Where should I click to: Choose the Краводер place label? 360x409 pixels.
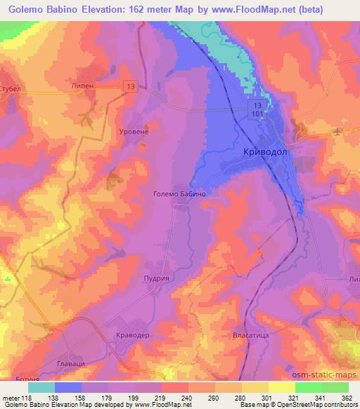pyautogui.click(x=133, y=337)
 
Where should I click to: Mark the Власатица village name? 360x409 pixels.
pyautogui.click(x=250, y=336)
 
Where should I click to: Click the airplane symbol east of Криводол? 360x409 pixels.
pyautogui.click(x=342, y=131)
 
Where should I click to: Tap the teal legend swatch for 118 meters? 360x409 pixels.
pyautogui.click(x=43, y=387)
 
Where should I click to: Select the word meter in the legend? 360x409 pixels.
pyautogui.click(x=13, y=398)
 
